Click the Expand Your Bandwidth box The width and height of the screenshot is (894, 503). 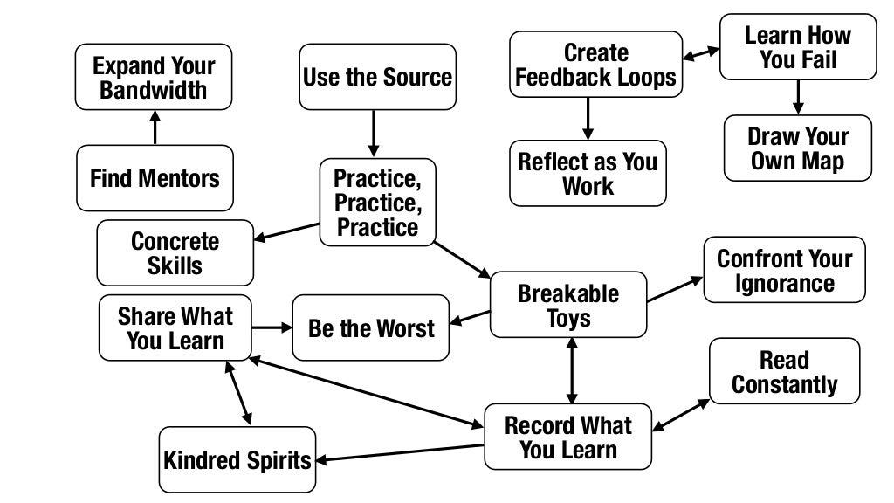(154, 78)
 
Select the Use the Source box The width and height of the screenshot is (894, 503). (378, 77)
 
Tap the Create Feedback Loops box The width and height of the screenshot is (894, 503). (595, 65)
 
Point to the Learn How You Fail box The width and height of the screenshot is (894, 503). (797, 47)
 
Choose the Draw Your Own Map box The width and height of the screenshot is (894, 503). (797, 148)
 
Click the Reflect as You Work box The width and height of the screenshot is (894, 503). (588, 173)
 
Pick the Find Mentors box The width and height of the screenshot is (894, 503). (155, 178)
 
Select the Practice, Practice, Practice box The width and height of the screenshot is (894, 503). (377, 203)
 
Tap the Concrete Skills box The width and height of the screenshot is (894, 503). (175, 252)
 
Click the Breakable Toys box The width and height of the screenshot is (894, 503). (568, 305)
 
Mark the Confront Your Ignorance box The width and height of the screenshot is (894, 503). (784, 270)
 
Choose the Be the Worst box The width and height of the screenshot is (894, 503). (371, 328)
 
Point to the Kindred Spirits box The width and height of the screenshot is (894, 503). (237, 459)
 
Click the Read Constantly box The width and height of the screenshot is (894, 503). (784, 372)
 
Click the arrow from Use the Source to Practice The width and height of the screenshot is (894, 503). (374, 133)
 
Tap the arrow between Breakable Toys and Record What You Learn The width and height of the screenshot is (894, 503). (572, 369)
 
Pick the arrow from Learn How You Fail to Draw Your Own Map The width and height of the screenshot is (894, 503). (797, 96)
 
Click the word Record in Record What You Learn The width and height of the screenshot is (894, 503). (534, 425)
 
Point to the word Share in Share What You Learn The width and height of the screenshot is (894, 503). (145, 315)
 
